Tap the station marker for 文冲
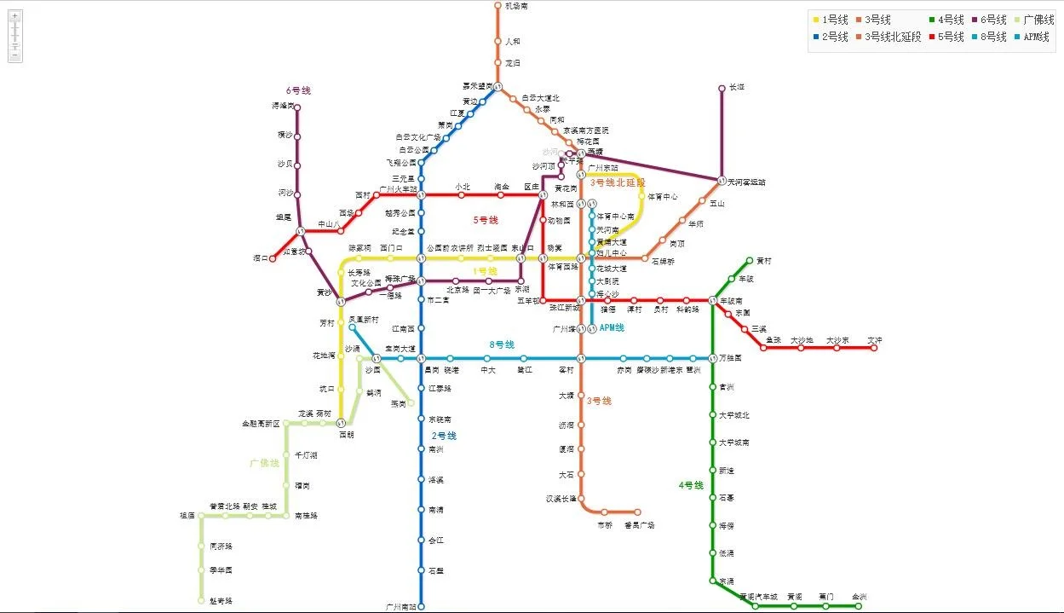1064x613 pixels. click(x=874, y=348)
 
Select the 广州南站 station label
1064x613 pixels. click(x=400, y=606)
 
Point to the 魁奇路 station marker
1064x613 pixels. click(x=202, y=600)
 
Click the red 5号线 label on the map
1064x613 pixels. click(x=486, y=220)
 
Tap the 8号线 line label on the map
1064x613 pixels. click(x=501, y=344)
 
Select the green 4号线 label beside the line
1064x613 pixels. click(x=691, y=485)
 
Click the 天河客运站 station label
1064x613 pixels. click(x=746, y=182)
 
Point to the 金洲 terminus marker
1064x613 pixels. click(x=858, y=606)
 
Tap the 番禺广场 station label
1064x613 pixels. click(x=639, y=525)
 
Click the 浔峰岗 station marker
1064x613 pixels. click(x=297, y=107)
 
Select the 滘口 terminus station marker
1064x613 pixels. click(x=273, y=257)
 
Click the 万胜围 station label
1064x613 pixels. click(x=730, y=358)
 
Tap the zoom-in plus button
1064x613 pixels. click(x=15, y=16)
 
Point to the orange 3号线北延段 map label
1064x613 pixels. click(x=618, y=182)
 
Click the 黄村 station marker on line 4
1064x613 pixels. click(x=750, y=261)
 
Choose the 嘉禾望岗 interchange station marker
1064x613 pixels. click(x=497, y=86)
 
